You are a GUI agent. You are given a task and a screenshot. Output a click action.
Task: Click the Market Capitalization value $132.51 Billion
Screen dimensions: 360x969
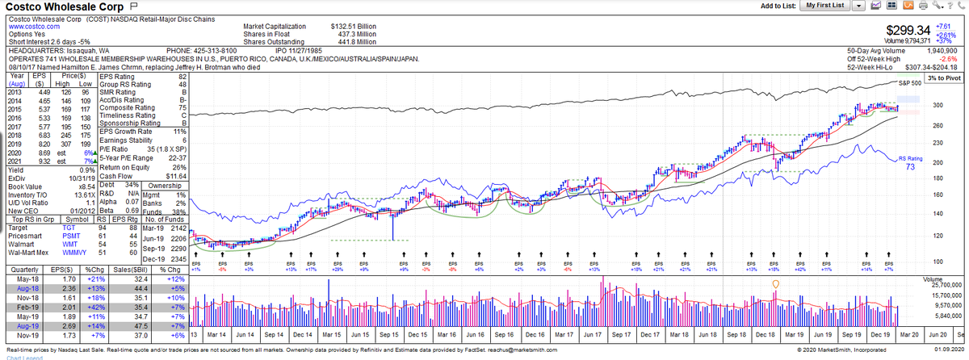353,27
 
